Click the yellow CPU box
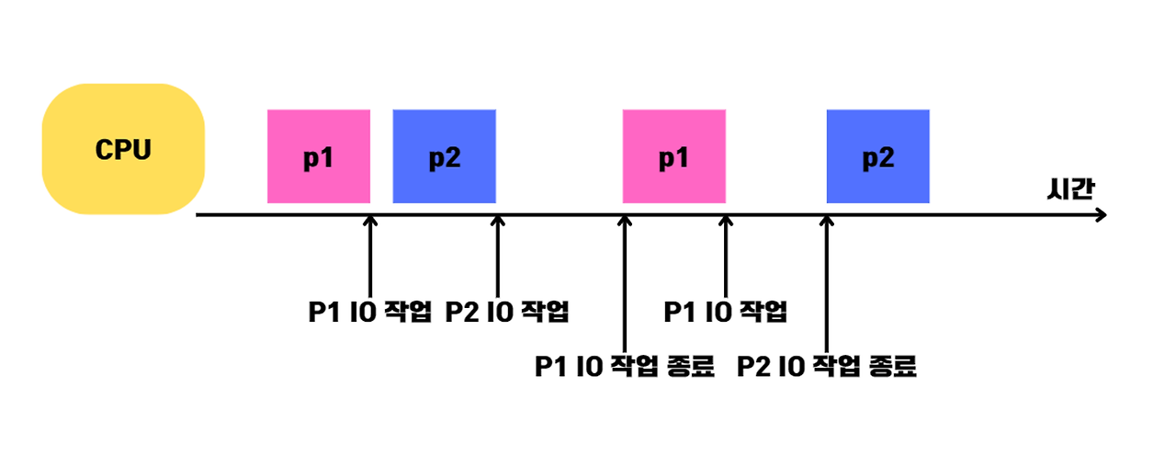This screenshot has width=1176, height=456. [123, 149]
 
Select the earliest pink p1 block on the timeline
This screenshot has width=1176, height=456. [319, 156]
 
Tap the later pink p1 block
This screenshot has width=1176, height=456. [673, 156]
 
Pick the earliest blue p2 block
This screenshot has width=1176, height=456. [445, 156]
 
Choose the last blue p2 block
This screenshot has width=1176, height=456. [877, 156]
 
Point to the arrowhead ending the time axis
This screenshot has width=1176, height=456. [1101, 215]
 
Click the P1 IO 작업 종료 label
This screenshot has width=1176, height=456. [625, 366]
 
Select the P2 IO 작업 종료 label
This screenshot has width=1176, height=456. [827, 366]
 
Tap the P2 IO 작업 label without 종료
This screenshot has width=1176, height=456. [507, 311]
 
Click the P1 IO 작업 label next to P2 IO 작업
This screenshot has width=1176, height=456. [369, 311]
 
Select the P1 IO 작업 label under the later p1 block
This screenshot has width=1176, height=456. [726, 311]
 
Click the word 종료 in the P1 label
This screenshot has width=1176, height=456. [690, 366]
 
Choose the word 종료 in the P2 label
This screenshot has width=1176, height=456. [892, 366]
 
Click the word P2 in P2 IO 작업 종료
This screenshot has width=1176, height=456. [753, 366]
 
